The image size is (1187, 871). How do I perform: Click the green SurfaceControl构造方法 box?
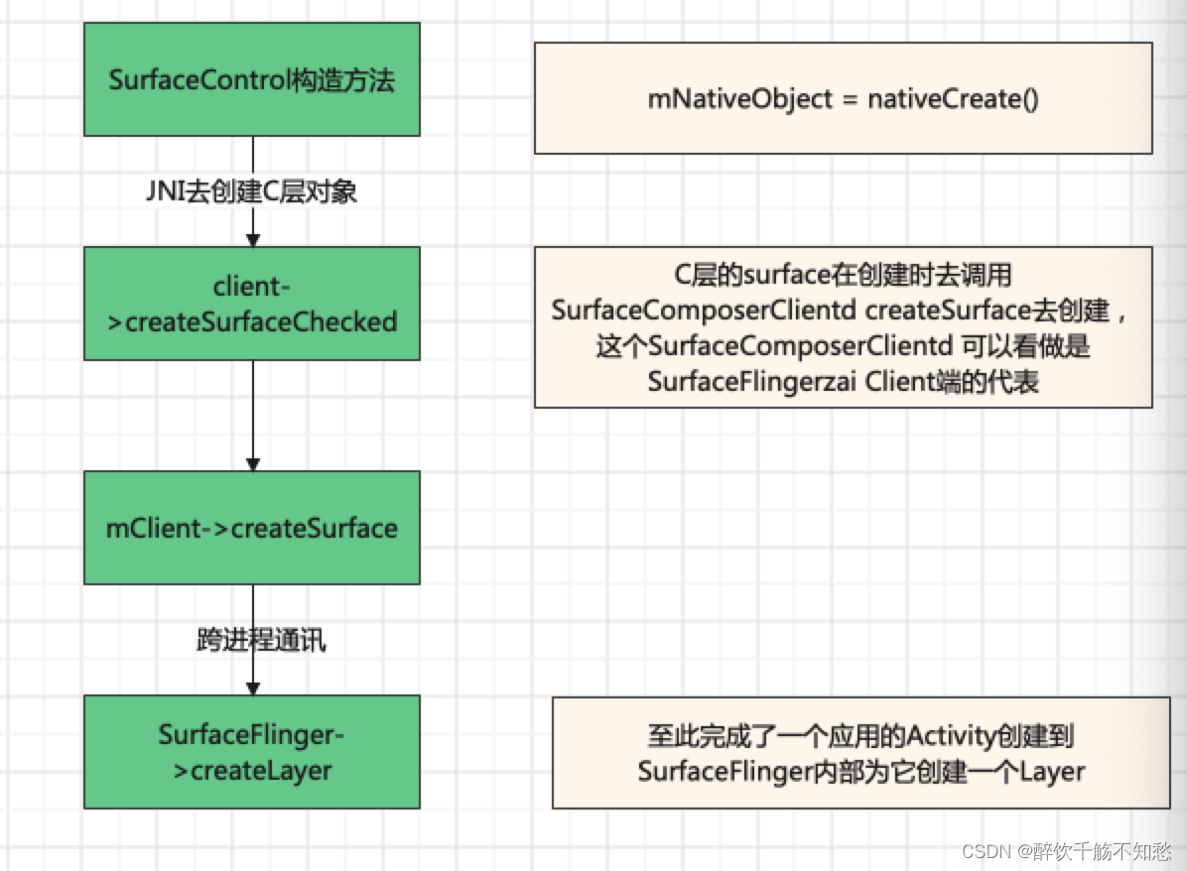pyautogui.click(x=252, y=79)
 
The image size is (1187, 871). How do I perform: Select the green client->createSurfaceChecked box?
pyautogui.click(x=252, y=304)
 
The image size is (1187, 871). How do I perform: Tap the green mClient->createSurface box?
pyautogui.click(x=252, y=528)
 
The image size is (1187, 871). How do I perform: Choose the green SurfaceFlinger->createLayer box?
pyautogui.click(x=252, y=751)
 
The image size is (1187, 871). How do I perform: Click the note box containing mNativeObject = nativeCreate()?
pyautogui.click(x=843, y=98)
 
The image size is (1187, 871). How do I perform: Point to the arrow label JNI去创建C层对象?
pyautogui.click(x=252, y=192)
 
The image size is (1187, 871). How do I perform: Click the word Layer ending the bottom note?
pyautogui.click(x=1052, y=771)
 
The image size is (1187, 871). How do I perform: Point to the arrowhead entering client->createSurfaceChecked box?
pyautogui.click(x=252, y=240)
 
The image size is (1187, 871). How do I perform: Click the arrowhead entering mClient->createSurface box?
pyautogui.click(x=252, y=464)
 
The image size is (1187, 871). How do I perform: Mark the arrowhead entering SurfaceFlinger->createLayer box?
pyautogui.click(x=252, y=687)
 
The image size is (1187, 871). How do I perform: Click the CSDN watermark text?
pyautogui.click(x=986, y=851)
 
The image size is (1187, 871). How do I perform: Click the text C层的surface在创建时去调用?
pyautogui.click(x=842, y=276)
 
